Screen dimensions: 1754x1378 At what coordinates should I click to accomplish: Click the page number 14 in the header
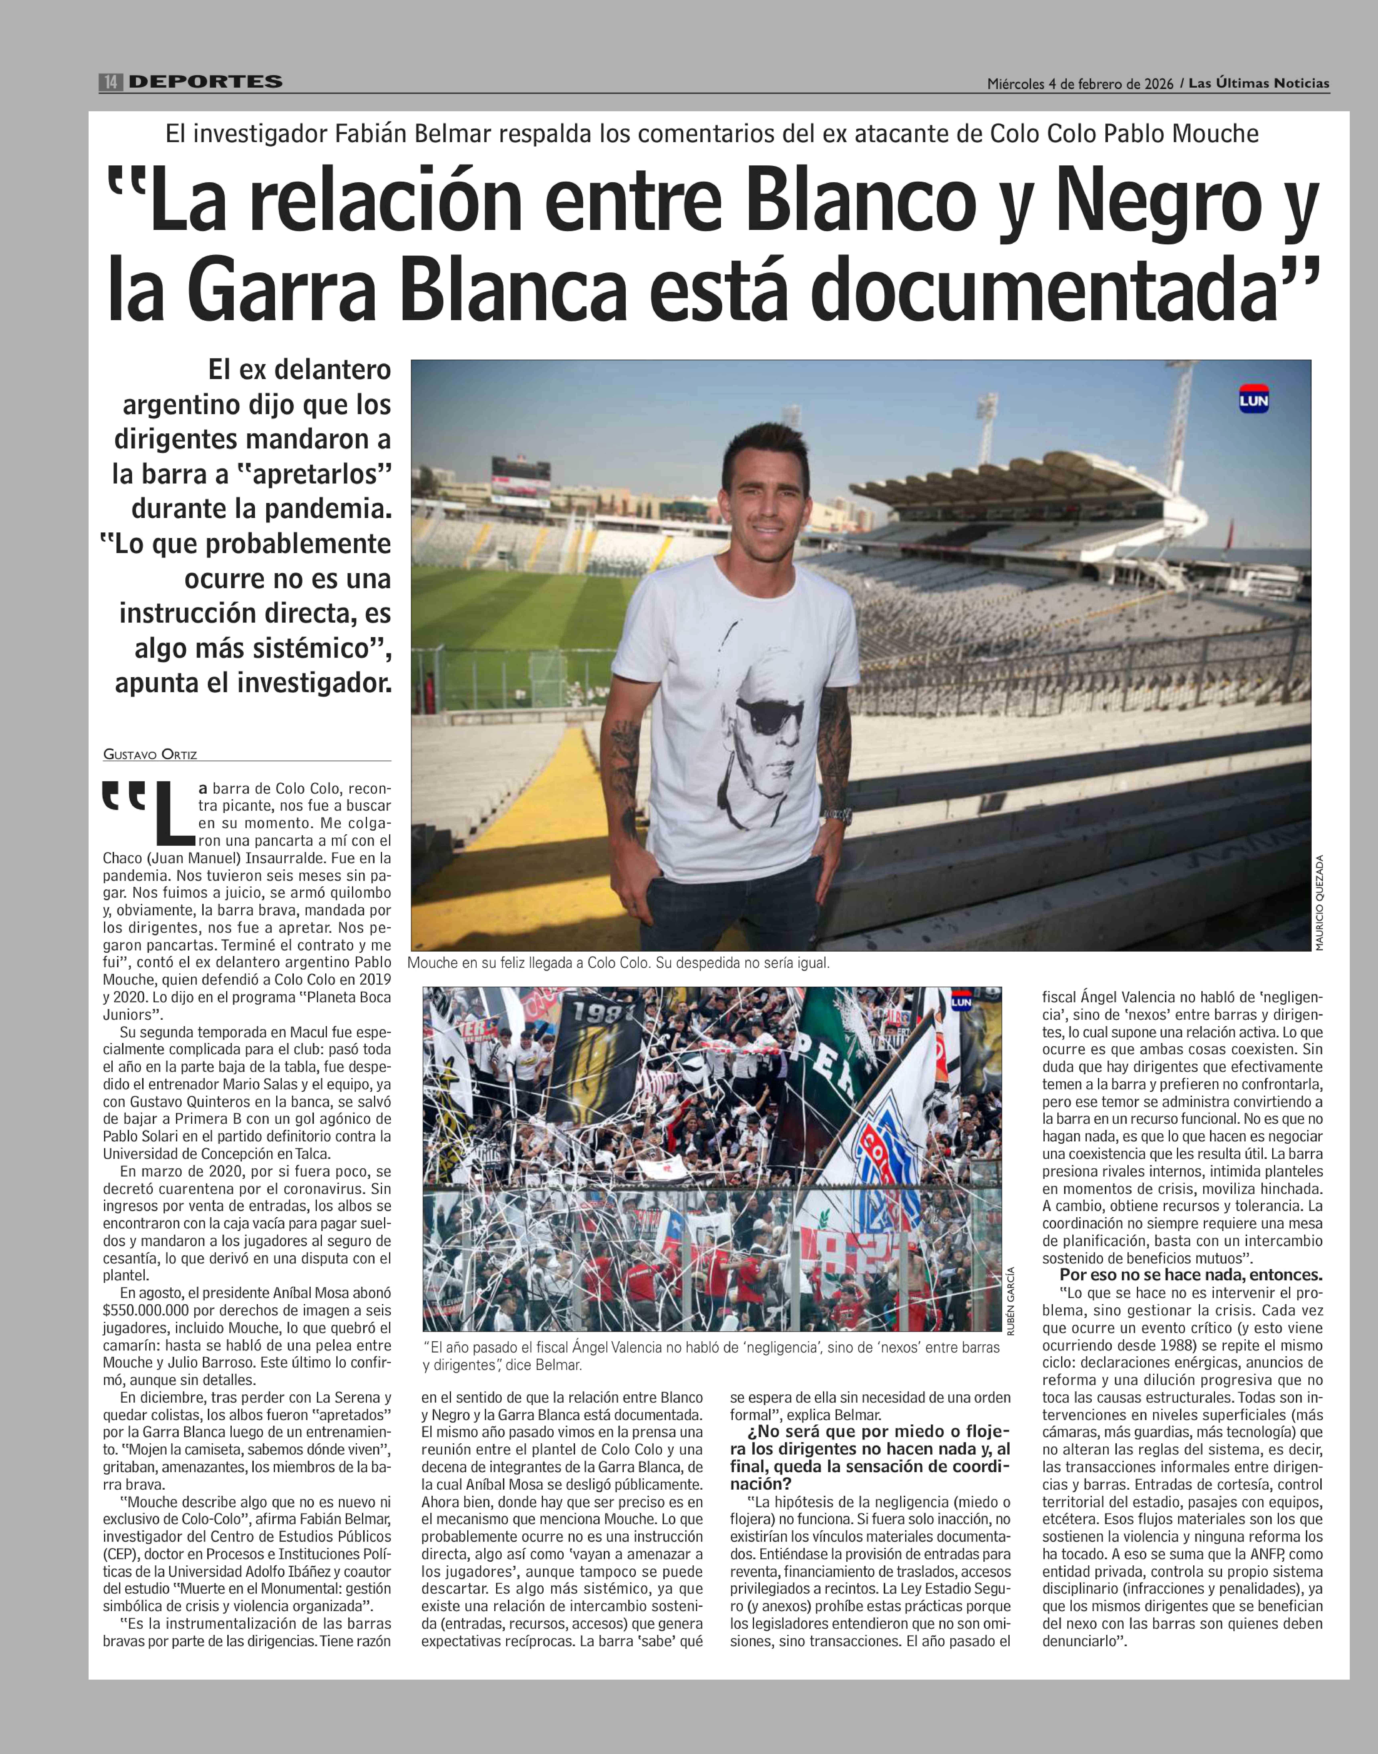click(x=110, y=82)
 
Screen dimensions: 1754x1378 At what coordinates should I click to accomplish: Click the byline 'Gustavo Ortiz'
click(x=150, y=754)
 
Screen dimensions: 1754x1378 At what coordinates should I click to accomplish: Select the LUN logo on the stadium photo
click(x=1254, y=399)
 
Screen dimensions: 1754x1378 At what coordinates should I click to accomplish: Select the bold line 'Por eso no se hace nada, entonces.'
click(x=1191, y=1275)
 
